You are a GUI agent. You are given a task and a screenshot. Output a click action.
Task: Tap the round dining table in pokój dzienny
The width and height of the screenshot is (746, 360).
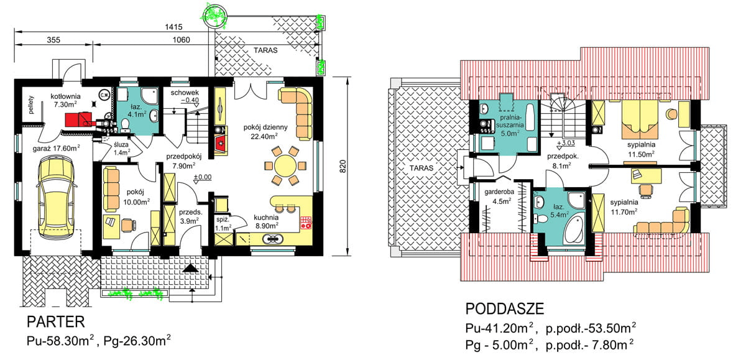[285, 165]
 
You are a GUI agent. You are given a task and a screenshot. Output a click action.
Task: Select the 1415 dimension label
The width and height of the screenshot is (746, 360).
[173, 27]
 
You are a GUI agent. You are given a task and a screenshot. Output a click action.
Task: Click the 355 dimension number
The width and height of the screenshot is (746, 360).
[53, 40]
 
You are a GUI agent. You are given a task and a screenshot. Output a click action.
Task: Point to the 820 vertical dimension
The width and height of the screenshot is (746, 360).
[343, 166]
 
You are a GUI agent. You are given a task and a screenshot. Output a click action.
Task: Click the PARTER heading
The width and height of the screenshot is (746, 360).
[55, 322]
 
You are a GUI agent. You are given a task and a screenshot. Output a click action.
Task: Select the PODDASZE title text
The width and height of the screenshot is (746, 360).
[505, 309]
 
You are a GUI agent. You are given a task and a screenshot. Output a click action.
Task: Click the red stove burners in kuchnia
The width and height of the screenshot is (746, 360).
[306, 223]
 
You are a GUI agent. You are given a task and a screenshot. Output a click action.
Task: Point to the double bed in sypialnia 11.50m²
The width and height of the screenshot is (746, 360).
[640, 119]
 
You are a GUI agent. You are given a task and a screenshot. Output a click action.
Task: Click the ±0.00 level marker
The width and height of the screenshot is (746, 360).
[203, 177]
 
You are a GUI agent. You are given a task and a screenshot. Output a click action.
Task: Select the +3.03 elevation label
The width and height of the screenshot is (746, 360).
[566, 143]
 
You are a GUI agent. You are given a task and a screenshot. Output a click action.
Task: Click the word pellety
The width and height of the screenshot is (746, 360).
[31, 105]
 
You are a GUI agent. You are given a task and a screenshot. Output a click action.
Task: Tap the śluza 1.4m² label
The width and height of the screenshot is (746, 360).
[121, 149]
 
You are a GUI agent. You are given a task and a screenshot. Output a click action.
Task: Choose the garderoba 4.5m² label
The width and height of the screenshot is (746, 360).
[499, 196]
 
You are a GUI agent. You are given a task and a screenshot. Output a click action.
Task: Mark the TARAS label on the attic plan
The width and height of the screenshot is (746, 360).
[421, 168]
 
